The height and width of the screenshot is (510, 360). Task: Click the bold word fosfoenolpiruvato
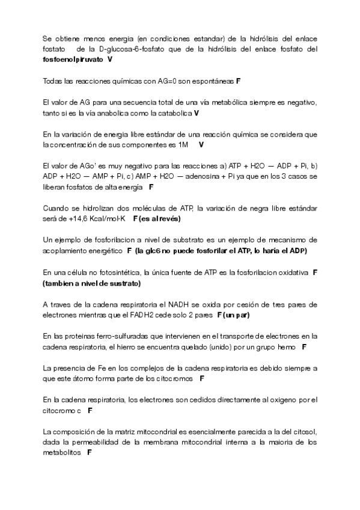[x=74, y=60]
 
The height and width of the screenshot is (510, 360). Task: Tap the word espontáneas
[x=213, y=81]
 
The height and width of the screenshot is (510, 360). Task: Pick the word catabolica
[x=176, y=113]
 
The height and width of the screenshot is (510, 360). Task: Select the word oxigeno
[x=276, y=399]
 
